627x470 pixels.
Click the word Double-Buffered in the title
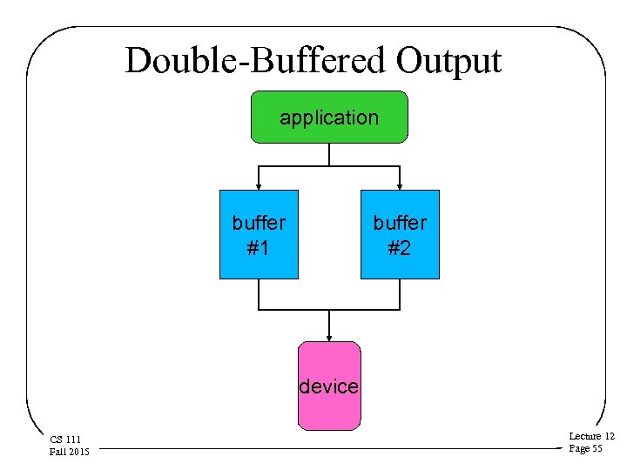click(255, 62)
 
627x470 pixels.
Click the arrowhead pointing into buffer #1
click(259, 185)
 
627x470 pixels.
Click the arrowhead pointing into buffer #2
click(400, 185)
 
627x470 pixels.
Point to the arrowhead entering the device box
click(329, 337)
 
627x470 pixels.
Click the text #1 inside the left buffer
click(259, 248)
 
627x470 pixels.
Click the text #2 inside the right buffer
click(400, 248)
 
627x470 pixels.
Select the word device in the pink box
click(329, 386)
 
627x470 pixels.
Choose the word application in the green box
click(329, 117)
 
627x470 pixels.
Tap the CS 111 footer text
click(65, 440)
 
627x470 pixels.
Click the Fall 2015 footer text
click(70, 451)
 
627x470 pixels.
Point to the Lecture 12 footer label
click(591, 436)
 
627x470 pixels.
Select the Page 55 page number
click(585, 448)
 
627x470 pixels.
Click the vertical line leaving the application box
click(329, 154)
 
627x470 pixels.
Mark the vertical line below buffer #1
click(259, 294)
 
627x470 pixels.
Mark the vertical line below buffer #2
click(400, 294)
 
